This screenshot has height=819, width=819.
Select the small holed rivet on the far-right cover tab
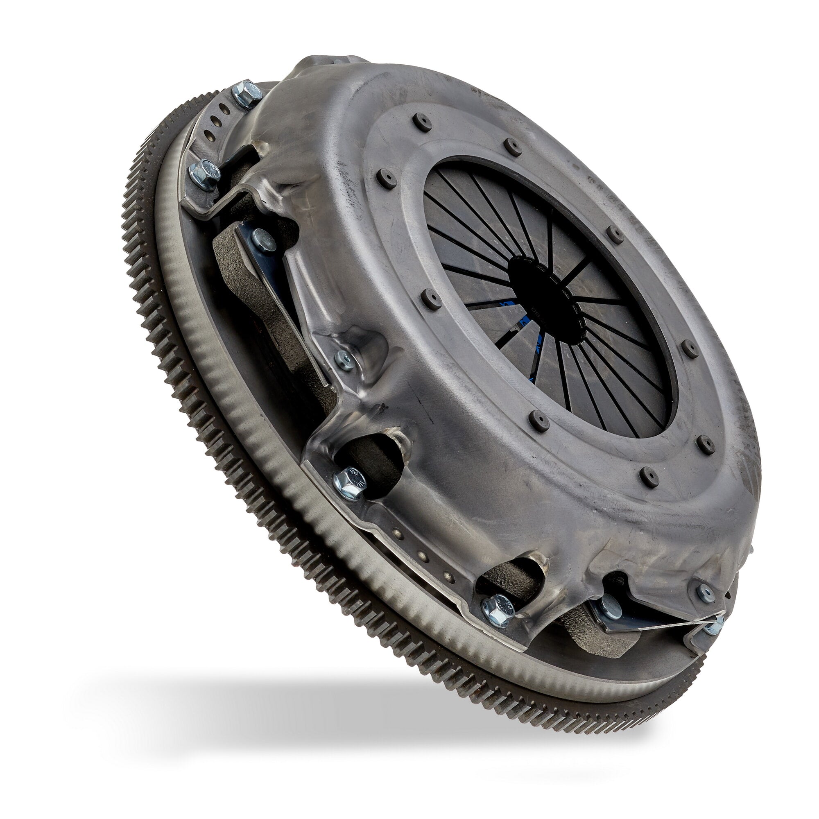pyautogui.click(x=704, y=592)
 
